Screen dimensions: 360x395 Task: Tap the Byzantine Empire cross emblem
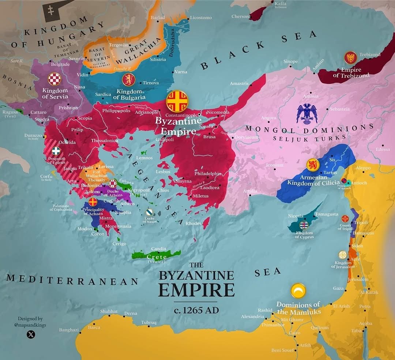point(177,101)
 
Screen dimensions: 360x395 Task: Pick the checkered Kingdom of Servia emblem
point(55,79)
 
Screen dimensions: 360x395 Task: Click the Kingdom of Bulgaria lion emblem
point(128,79)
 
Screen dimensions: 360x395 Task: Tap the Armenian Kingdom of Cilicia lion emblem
point(313,165)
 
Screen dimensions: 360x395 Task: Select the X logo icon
point(31,334)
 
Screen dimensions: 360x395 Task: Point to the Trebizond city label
point(370,55)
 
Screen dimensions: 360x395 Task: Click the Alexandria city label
point(252,316)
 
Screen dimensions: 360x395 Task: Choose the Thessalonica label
point(105,140)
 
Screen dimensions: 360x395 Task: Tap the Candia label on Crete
point(159,249)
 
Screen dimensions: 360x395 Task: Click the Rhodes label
point(193,223)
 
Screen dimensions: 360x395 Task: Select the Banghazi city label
point(69,330)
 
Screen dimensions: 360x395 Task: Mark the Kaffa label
point(280,4)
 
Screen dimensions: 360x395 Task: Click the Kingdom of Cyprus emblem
point(304,225)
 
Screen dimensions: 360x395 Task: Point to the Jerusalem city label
point(358,280)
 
